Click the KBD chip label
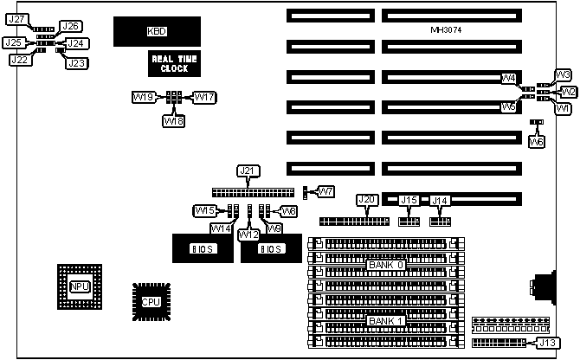157,32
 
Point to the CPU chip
151,301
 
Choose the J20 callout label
367,201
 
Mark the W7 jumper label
325,190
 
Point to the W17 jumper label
204,98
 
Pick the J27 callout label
16,19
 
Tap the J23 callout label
77,63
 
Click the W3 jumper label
562,74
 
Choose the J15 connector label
409,201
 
